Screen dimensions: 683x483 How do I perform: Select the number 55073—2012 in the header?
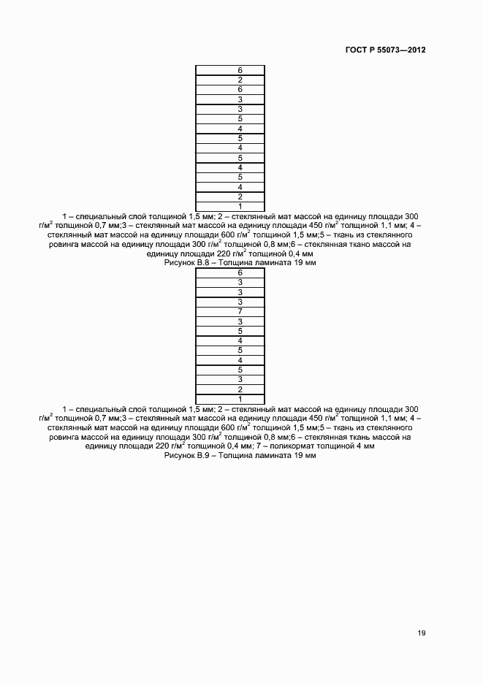coord(401,50)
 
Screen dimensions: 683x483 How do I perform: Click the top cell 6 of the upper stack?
coord(230,70)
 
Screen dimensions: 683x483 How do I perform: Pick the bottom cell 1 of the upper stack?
coord(230,206)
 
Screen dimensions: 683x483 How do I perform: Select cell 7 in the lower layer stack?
coord(230,311)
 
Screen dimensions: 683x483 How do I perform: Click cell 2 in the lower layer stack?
coord(230,389)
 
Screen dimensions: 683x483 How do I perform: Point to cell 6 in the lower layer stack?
coord(230,272)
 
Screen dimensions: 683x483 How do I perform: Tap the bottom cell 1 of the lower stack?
coord(230,399)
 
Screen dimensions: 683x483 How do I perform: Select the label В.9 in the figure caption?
coord(197,455)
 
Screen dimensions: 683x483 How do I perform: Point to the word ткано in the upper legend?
coord(343,245)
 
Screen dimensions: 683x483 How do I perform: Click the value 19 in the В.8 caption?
coord(298,263)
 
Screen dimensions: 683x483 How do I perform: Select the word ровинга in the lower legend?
coord(63,437)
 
